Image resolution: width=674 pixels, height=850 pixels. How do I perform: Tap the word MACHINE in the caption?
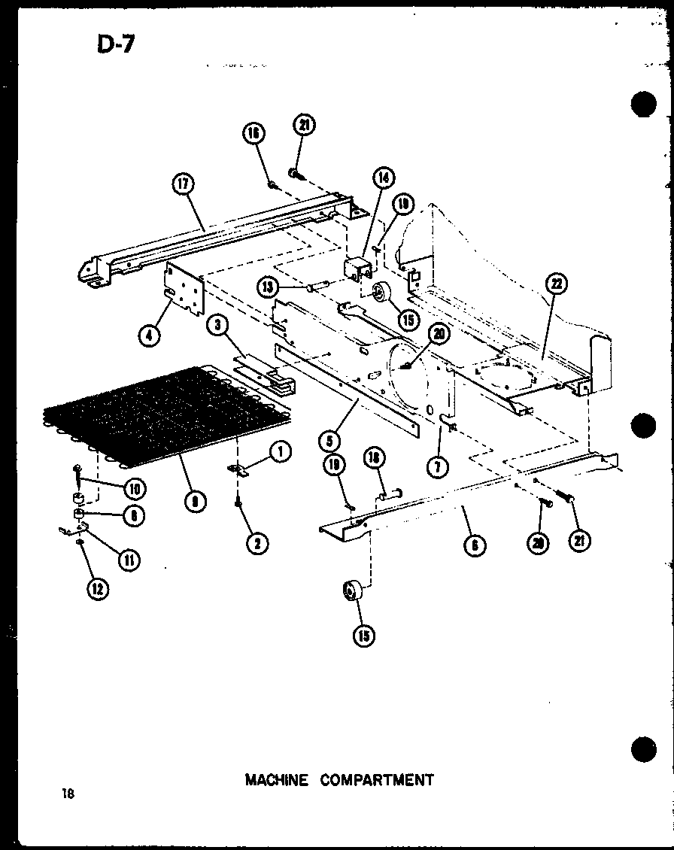click(x=276, y=780)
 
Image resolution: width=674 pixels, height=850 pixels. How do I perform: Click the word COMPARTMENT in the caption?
click(x=377, y=780)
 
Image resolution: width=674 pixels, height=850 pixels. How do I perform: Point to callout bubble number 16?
click(x=254, y=133)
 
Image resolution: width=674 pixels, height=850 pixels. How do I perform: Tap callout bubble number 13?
click(x=266, y=287)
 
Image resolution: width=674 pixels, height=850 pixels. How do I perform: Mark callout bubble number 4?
click(x=150, y=335)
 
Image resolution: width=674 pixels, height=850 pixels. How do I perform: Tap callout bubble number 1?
click(x=279, y=452)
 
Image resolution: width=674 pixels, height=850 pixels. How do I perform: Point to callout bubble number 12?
click(x=96, y=589)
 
